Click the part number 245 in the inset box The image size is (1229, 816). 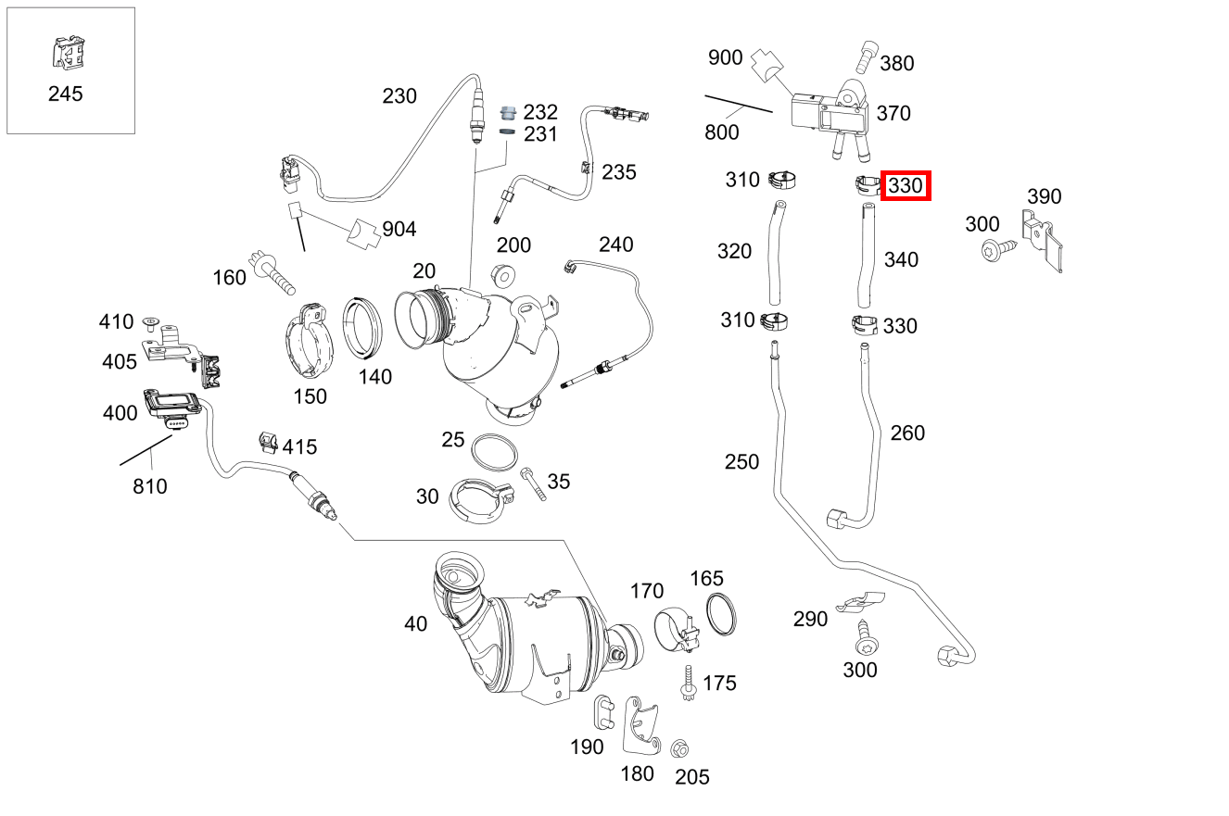[65, 94]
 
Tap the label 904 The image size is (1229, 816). [399, 229]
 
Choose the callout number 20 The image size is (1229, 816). [424, 270]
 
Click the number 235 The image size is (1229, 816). [619, 171]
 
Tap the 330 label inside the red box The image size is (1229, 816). [905, 186]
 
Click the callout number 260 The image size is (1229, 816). [907, 433]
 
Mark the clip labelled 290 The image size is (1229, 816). [859, 603]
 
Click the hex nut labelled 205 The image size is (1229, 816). [678, 748]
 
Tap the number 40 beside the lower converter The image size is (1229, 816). [416, 624]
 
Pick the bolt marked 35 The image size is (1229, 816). [534, 483]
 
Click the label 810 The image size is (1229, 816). [150, 485]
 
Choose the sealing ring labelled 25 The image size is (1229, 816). [494, 452]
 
